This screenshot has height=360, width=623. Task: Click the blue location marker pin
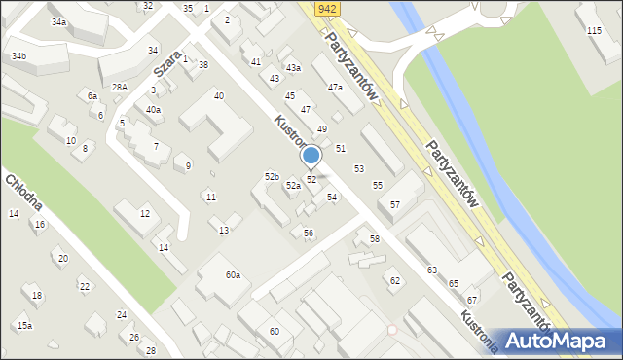point(311,156)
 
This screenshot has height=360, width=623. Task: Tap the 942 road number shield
point(327,8)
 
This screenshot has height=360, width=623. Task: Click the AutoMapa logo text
point(568,341)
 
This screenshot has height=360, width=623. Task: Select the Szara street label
point(167,65)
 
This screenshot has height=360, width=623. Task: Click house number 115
point(594,31)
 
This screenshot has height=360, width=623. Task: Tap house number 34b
point(19,56)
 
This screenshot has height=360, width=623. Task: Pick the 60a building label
point(233,275)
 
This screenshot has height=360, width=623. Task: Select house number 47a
point(335,88)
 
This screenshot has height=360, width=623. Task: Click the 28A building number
point(120,88)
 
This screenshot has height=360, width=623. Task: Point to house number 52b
point(272,176)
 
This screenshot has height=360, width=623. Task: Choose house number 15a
point(24,325)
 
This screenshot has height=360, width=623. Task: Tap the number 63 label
point(431,270)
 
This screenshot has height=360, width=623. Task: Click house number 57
point(394,205)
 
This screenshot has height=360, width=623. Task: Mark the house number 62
point(394,281)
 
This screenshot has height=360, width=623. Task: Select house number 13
point(224,230)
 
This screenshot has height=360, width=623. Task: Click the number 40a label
point(153,110)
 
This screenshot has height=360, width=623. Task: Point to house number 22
point(85,286)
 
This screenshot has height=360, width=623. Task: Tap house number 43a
point(293,68)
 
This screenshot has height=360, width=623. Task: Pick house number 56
point(309,233)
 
